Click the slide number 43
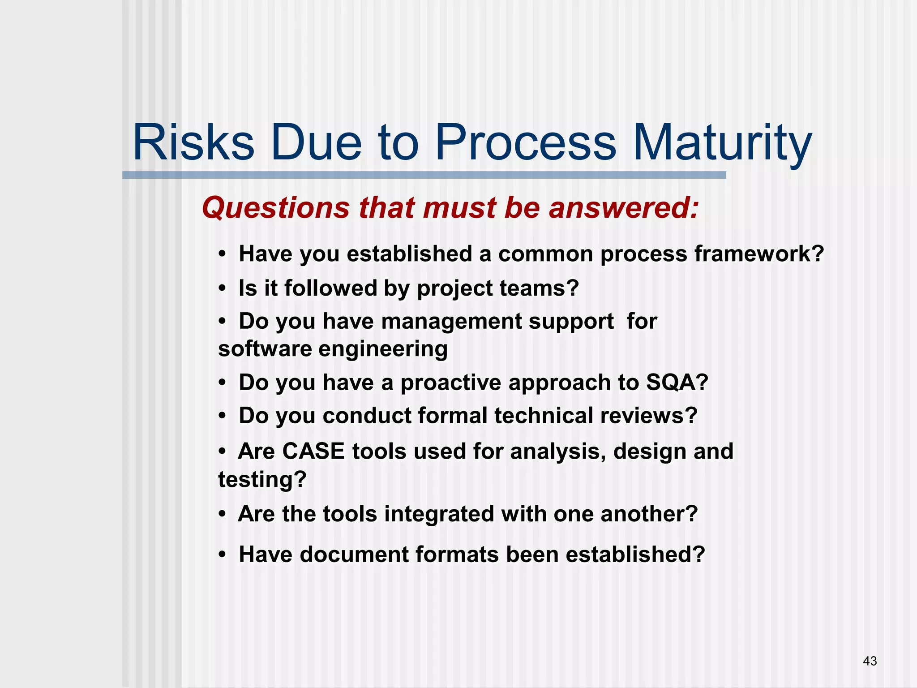(870, 661)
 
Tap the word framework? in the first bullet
(759, 254)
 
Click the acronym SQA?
(677, 383)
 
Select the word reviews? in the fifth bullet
(648, 416)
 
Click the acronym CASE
(313, 451)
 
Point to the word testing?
(262, 480)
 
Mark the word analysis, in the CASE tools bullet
(558, 451)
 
